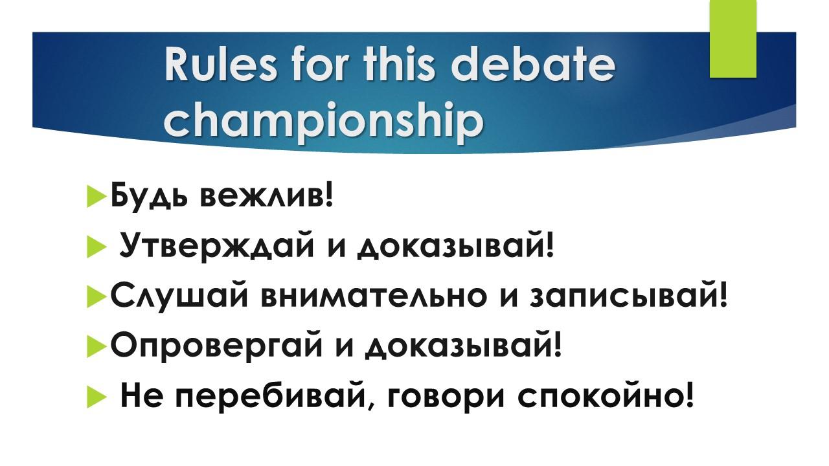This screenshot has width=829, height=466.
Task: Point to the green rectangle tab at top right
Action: coord(732,39)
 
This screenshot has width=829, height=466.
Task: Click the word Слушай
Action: coord(179,296)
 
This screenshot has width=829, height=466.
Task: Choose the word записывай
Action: coord(625,296)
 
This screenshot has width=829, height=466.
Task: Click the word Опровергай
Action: coord(217,346)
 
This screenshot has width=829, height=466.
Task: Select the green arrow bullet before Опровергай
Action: coord(97,348)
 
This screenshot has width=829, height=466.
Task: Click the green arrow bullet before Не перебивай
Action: coord(97,398)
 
